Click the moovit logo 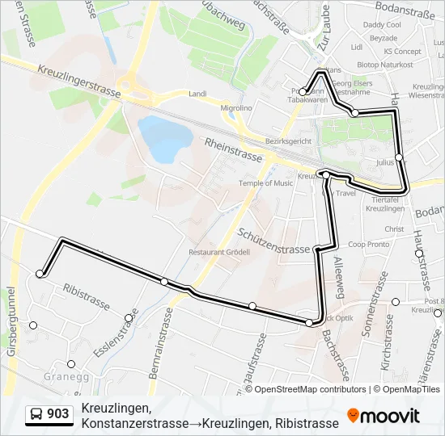[x=384, y=416]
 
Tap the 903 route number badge [x=49, y=414]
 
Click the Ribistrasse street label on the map [x=86, y=296]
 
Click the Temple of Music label [x=265, y=183]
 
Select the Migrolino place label [x=236, y=108]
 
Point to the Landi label [x=197, y=94]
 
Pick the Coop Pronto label [x=368, y=245]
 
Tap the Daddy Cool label [x=382, y=25]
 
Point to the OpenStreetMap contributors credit [x=306, y=389]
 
